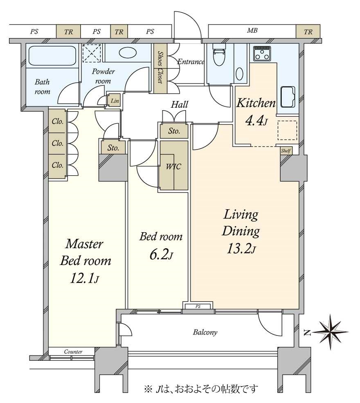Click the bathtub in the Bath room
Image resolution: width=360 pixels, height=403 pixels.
pos(52,56)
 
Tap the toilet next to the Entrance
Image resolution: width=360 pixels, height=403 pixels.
pos(219,54)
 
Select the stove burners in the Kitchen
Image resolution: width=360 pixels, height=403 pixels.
pos(262,54)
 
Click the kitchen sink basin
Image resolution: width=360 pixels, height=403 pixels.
pos(288,97)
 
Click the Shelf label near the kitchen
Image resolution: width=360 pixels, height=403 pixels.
pos(286,151)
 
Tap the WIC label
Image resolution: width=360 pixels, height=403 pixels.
pos(173,167)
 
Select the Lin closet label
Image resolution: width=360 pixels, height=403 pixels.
pos(115,101)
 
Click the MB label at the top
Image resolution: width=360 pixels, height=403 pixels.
pos(252,31)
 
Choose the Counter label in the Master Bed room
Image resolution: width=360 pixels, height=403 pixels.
pos(73,351)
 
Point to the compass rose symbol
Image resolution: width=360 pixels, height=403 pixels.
pos(331,332)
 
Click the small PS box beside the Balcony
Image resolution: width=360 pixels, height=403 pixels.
pos(198,306)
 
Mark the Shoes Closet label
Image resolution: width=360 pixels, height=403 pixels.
pos(160,67)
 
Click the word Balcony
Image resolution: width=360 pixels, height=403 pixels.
pos(205,332)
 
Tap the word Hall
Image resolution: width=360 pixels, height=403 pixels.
pos(180,104)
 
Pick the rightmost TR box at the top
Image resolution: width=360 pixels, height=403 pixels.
pos(308,32)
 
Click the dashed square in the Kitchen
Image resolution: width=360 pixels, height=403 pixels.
pos(287,130)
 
